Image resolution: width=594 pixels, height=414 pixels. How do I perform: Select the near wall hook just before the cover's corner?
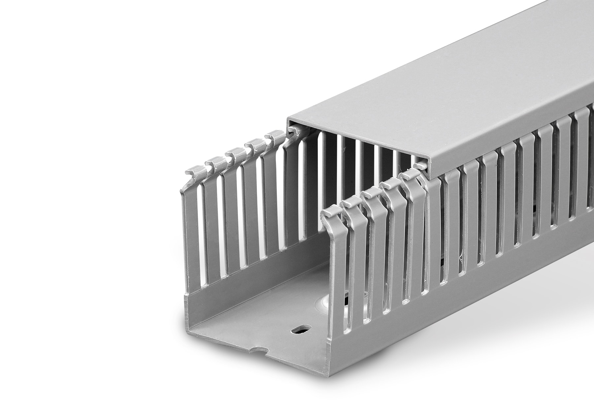[409, 174]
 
